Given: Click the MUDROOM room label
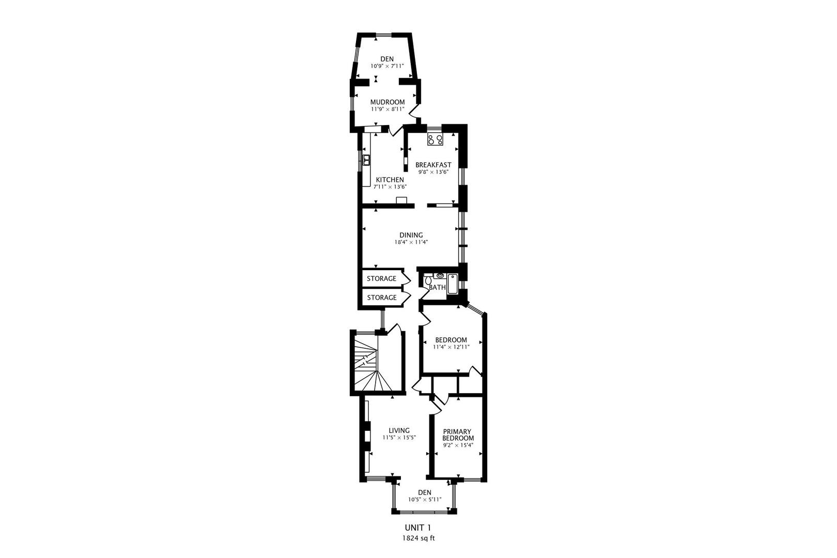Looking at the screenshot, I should pyautogui.click(x=387, y=102).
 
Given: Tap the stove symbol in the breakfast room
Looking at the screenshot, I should pyautogui.click(x=434, y=139).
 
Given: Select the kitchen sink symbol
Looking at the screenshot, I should pyautogui.click(x=366, y=160).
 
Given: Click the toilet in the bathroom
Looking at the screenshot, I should pyautogui.click(x=428, y=280).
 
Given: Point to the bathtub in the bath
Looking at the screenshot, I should pyautogui.click(x=453, y=284).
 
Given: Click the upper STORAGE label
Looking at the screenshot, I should pyautogui.click(x=381, y=278).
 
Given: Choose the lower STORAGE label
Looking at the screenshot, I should pyautogui.click(x=381, y=298).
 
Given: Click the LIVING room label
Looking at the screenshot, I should pyautogui.click(x=399, y=430).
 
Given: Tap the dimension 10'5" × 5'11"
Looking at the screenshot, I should pyautogui.click(x=424, y=500).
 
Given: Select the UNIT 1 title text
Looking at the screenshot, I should pyautogui.click(x=417, y=528).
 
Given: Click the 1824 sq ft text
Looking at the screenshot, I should pyautogui.click(x=419, y=538).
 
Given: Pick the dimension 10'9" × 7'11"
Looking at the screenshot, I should pyautogui.click(x=387, y=66).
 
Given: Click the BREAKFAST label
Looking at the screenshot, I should pyautogui.click(x=433, y=165).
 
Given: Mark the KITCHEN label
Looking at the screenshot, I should pyautogui.click(x=390, y=180).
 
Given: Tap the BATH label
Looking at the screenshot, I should pyautogui.click(x=437, y=287).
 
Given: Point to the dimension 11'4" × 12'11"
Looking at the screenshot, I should pyautogui.click(x=451, y=347).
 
